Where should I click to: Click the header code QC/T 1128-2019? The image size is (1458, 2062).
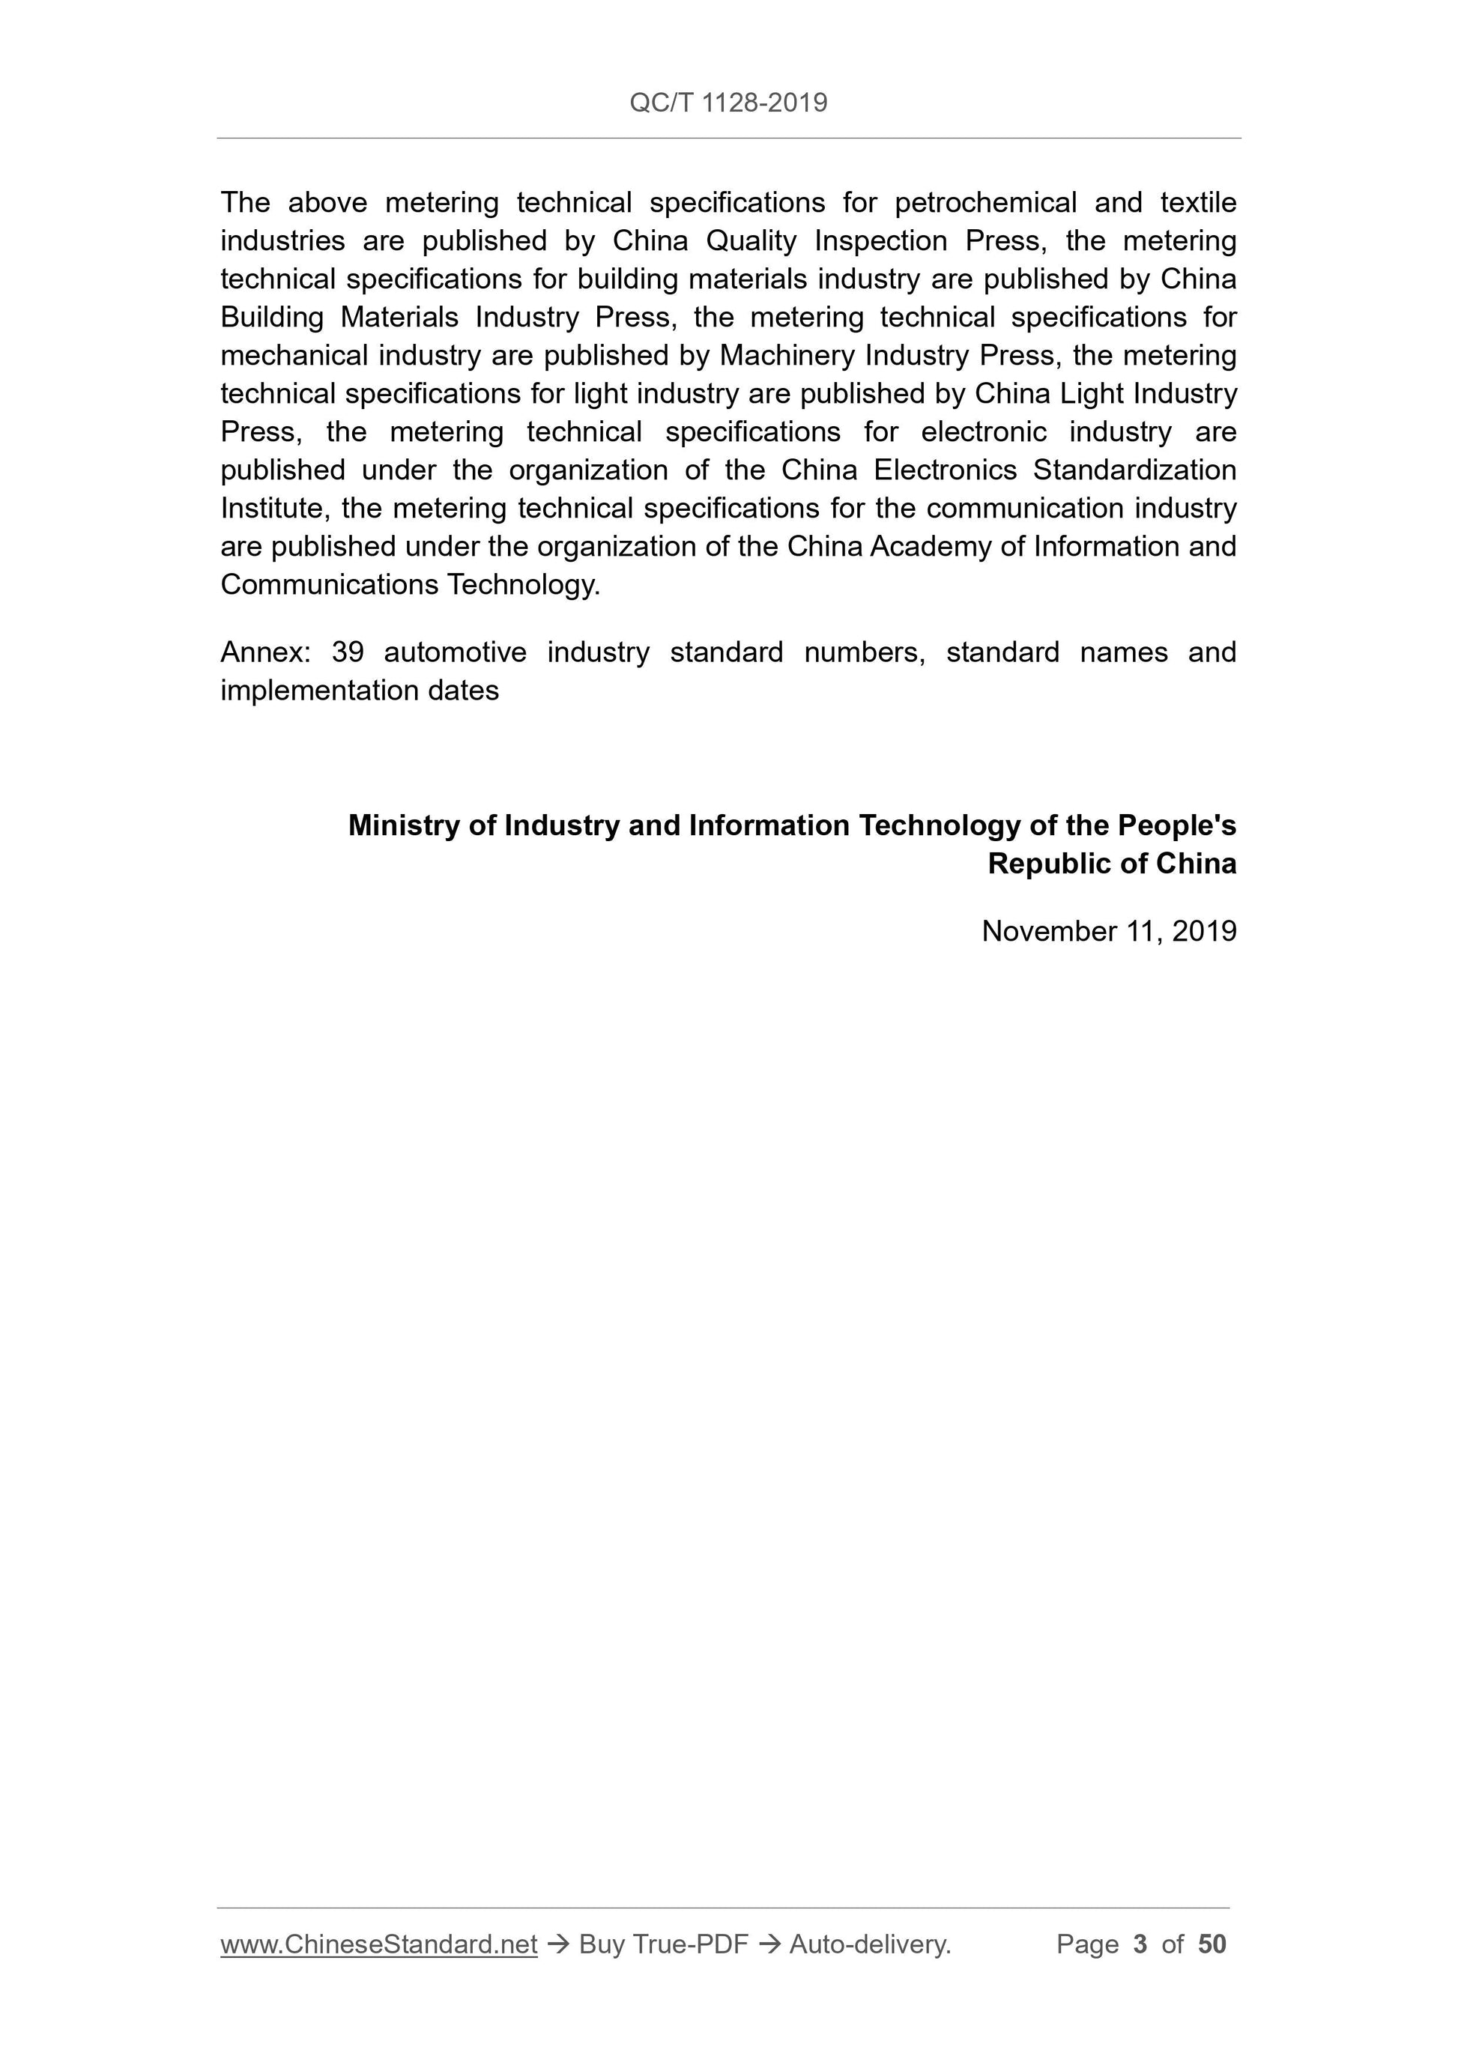pyautogui.click(x=728, y=103)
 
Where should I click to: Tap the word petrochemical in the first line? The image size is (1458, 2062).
pyautogui.click(x=984, y=203)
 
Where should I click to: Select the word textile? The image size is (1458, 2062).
pyautogui.click(x=1197, y=203)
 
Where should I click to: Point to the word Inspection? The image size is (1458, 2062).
pyautogui.click(x=880, y=242)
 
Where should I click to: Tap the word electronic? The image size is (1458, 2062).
pyautogui.click(x=984, y=432)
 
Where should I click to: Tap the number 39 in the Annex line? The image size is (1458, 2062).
pyautogui.click(x=348, y=652)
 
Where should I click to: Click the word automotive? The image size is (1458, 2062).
pyautogui.click(x=456, y=652)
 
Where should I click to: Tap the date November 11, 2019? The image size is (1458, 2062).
pyautogui.click(x=1109, y=931)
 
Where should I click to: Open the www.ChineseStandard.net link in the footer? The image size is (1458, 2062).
pyautogui.click(x=378, y=1944)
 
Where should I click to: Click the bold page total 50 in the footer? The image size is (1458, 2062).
pyautogui.click(x=1212, y=1944)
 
